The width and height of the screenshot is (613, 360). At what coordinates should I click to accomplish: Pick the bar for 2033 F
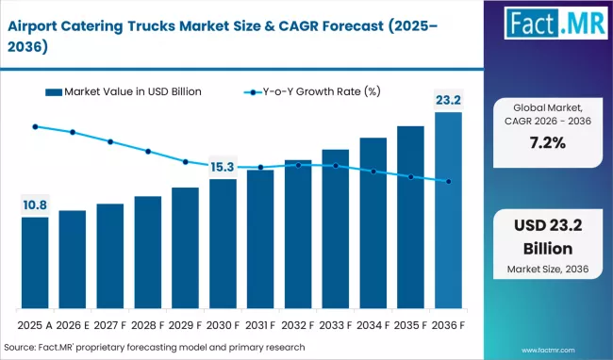pyautogui.click(x=336, y=230)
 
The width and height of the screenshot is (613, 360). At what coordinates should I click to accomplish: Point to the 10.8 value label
pyautogui.click(x=35, y=204)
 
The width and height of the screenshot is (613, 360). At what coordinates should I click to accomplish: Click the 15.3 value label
pyautogui.click(x=223, y=167)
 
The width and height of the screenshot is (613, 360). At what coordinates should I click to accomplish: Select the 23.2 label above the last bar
pyautogui.click(x=448, y=98)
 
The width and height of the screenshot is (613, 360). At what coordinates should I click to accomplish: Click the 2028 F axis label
pyautogui.click(x=148, y=324)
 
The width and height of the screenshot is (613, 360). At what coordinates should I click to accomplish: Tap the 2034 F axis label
pyautogui.click(x=373, y=324)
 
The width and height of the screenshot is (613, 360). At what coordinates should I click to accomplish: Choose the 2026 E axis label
pyautogui.click(x=73, y=324)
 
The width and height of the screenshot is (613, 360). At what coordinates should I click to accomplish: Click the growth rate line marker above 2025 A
pyautogui.click(x=35, y=126)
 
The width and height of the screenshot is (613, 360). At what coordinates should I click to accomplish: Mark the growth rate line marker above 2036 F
pyautogui.click(x=449, y=182)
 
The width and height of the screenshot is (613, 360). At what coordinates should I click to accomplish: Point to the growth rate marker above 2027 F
pyautogui.click(x=110, y=141)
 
